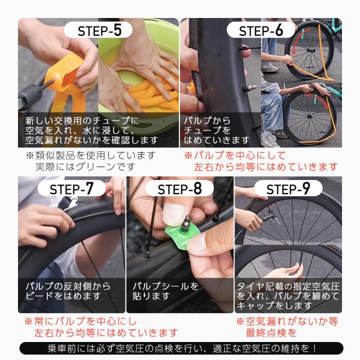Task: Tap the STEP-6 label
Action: pos(261,30)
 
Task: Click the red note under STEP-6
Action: pos(262,161)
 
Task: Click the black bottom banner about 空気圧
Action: pos(180,348)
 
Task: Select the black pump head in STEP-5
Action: pos(25,98)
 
